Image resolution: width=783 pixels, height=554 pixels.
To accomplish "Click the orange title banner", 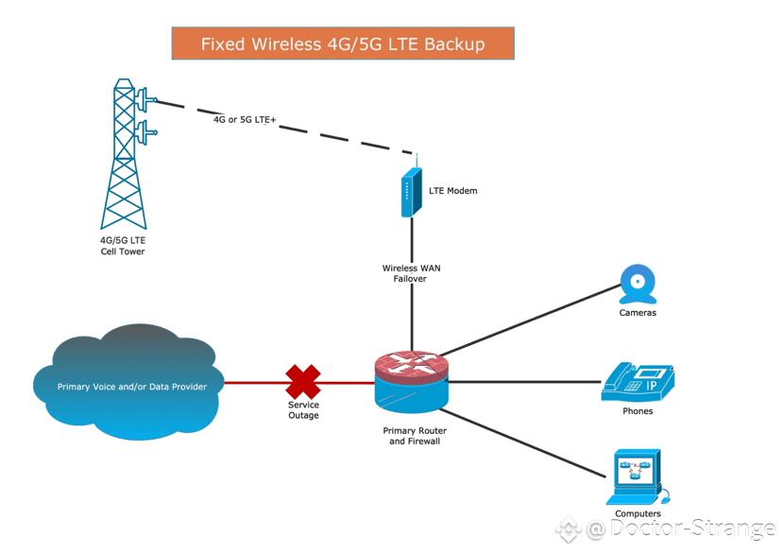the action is [x=343, y=43].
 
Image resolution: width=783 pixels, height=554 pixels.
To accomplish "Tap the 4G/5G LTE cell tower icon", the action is [x=124, y=154].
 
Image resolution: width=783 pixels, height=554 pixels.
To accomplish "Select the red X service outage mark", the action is [x=303, y=382].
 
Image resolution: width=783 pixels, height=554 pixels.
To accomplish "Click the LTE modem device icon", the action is [x=412, y=192].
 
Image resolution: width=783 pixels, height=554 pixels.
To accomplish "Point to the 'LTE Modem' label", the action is [x=453, y=191].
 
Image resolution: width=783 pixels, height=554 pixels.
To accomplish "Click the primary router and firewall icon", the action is [x=412, y=382].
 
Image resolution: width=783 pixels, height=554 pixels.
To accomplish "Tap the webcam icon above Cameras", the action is [x=638, y=284].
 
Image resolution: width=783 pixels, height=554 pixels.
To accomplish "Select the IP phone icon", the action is [x=638, y=382].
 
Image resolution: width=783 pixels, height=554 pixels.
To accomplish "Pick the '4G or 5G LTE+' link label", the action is [x=245, y=119].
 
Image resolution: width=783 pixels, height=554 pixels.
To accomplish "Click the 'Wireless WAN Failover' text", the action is [x=411, y=273].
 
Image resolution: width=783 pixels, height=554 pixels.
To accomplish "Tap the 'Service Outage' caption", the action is [x=303, y=410].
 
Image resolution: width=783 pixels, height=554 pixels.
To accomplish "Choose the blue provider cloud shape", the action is [x=128, y=382].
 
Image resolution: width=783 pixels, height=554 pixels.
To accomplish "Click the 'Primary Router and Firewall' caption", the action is [x=415, y=436].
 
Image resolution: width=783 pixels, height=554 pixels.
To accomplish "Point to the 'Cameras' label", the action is [x=638, y=313].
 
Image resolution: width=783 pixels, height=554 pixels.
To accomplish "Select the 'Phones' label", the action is [x=638, y=411].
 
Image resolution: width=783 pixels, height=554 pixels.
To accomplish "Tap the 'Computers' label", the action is [x=638, y=513].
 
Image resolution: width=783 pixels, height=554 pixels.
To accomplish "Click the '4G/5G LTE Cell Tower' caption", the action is [x=123, y=246].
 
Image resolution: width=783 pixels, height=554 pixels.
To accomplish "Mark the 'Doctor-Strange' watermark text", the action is [x=692, y=528].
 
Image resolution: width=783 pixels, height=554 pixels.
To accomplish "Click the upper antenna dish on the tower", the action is [x=145, y=99].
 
